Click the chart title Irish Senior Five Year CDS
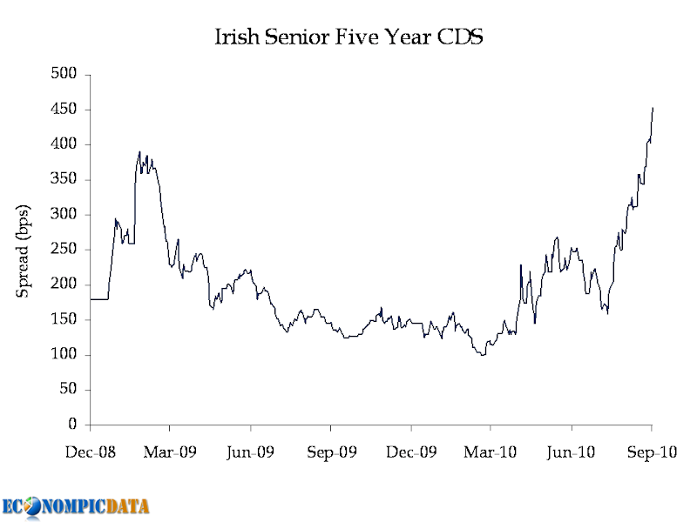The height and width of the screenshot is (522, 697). pyautogui.click(x=349, y=37)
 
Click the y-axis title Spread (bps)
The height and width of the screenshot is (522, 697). pyautogui.click(x=23, y=251)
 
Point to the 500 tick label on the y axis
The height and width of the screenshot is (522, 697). pyautogui.click(x=64, y=73)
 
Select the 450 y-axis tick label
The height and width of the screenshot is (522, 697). pyautogui.click(x=64, y=109)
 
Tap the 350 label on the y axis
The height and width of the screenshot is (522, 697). pyautogui.click(x=64, y=179)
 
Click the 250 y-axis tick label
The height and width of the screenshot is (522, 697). pyautogui.click(x=64, y=249)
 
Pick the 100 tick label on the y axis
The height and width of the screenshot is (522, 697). pyautogui.click(x=64, y=354)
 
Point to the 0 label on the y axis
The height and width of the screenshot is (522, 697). pyautogui.click(x=72, y=425)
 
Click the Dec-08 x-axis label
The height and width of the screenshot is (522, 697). pyautogui.click(x=91, y=452)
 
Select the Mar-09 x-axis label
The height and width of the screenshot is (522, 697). pyautogui.click(x=170, y=452)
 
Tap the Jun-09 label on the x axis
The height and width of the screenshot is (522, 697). pyautogui.click(x=250, y=452)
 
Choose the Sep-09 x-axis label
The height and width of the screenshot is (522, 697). pyautogui.click(x=332, y=452)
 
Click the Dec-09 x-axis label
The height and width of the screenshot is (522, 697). pyautogui.click(x=411, y=452)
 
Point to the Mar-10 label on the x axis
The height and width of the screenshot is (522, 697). pyautogui.click(x=491, y=452)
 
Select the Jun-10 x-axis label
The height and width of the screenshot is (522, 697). pyautogui.click(x=571, y=452)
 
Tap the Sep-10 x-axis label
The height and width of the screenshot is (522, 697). pyautogui.click(x=652, y=452)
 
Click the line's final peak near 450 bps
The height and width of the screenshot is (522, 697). pyautogui.click(x=653, y=108)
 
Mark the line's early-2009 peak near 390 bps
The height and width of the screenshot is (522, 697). pyautogui.click(x=139, y=151)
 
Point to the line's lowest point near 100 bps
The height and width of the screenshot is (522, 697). pyautogui.click(x=483, y=355)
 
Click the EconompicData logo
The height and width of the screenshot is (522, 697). pyautogui.click(x=76, y=507)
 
